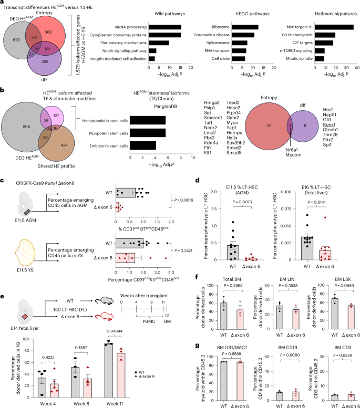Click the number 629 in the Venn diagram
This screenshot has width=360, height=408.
click(x=15, y=40)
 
